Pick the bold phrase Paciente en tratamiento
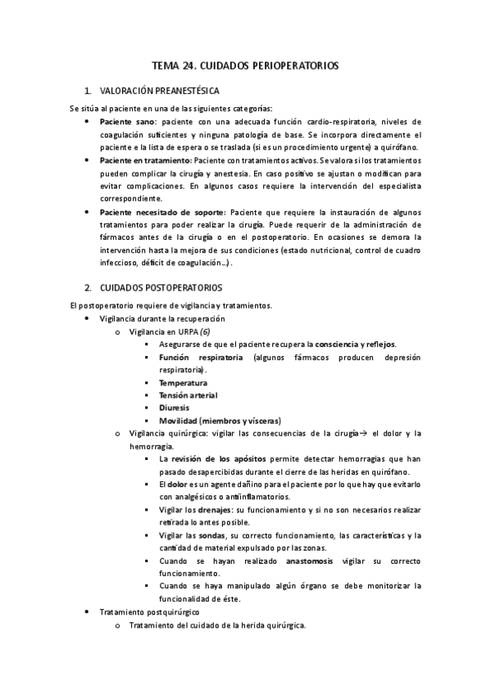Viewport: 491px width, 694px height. (145, 160)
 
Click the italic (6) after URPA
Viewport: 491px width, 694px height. (205, 331)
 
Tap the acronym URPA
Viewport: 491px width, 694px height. (187, 331)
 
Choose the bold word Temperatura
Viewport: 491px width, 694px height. (183, 382)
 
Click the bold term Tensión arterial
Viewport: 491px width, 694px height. (189, 395)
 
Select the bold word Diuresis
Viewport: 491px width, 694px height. (175, 408)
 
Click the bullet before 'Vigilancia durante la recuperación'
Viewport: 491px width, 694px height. (88, 318)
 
